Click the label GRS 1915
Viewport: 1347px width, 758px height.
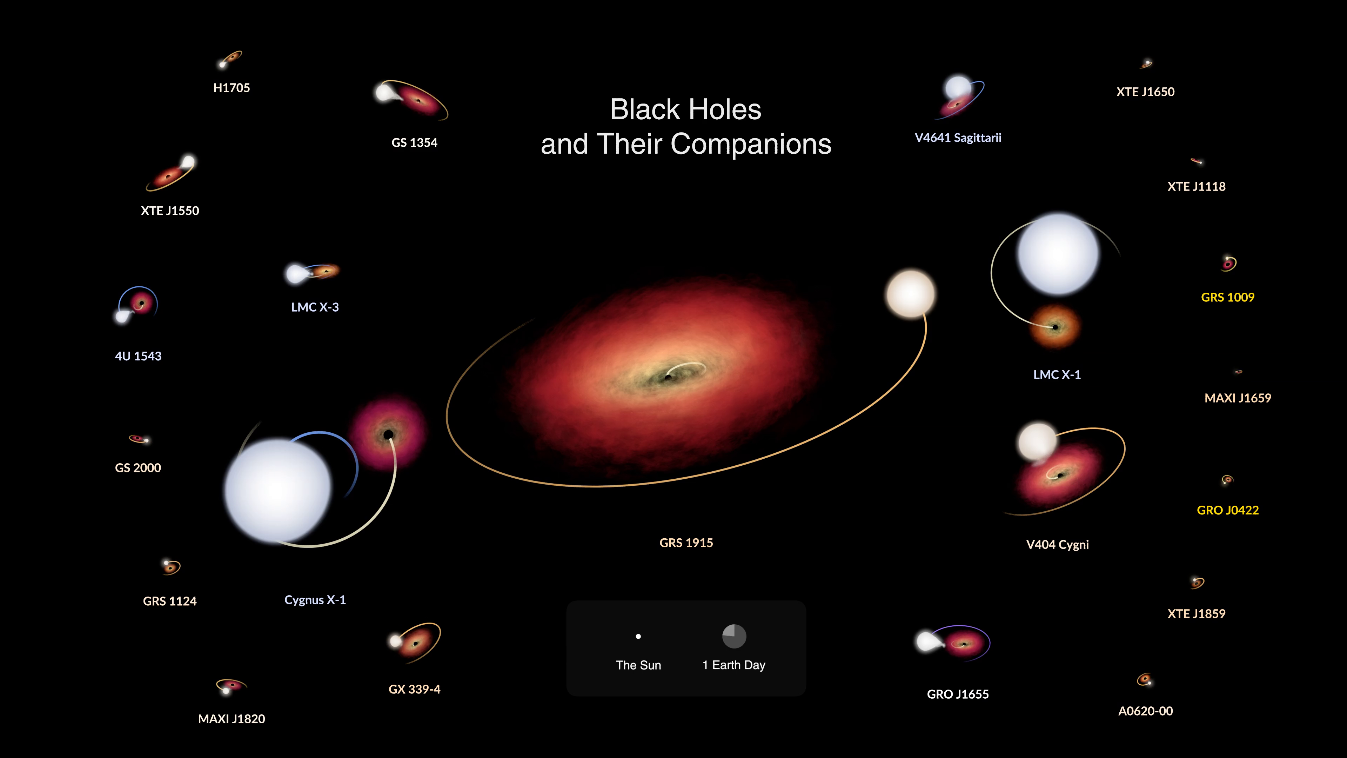point(686,543)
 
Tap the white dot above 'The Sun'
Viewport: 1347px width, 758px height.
point(638,637)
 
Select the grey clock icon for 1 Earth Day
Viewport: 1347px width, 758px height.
point(734,636)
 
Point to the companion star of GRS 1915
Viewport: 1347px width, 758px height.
point(910,294)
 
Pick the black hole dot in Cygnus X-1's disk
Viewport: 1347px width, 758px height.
point(388,435)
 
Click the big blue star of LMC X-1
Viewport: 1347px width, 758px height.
point(1058,254)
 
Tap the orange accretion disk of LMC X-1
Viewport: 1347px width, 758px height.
point(1055,327)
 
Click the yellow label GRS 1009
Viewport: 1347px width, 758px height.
point(1227,297)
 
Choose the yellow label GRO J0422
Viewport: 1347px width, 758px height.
point(1227,510)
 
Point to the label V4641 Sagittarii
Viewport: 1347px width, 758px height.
point(958,138)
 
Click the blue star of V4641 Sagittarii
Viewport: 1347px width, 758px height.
point(958,87)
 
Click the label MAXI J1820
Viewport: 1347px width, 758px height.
point(231,719)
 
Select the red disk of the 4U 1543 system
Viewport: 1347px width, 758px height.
point(141,303)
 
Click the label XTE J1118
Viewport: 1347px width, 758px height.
point(1197,186)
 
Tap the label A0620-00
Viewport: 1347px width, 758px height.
point(1145,711)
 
